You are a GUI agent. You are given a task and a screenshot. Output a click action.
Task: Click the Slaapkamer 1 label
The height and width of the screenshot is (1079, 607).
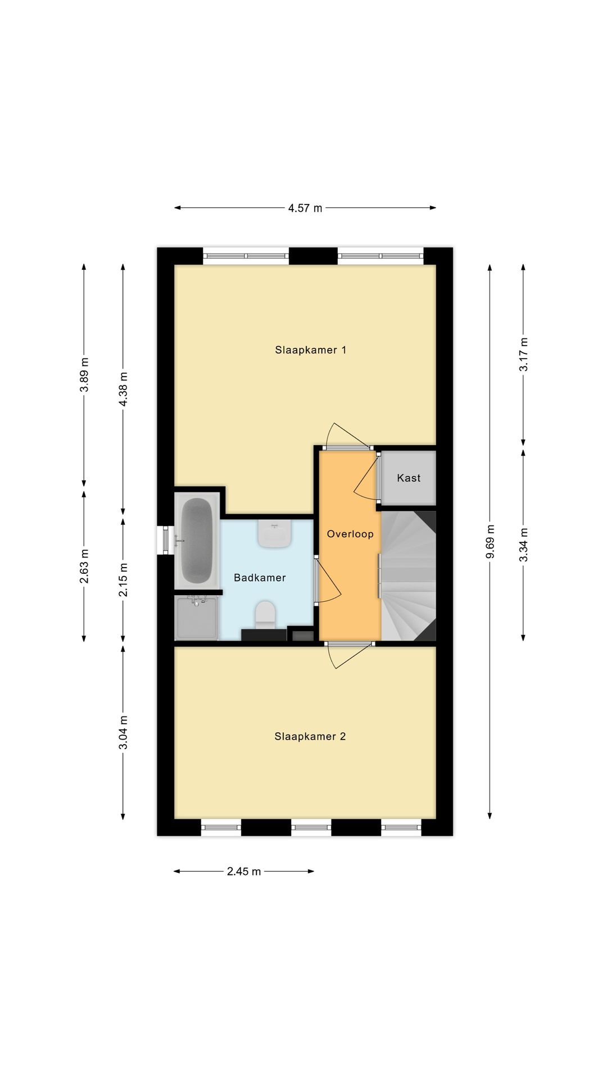click(x=310, y=350)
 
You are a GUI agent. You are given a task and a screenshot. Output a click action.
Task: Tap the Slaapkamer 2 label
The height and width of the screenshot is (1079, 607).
click(x=310, y=736)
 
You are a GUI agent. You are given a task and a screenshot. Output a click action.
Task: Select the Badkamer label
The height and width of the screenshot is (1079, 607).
click(x=260, y=578)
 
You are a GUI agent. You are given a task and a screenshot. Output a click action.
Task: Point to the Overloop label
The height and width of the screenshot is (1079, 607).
click(x=350, y=534)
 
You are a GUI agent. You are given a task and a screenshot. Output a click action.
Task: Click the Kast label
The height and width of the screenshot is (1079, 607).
click(x=409, y=478)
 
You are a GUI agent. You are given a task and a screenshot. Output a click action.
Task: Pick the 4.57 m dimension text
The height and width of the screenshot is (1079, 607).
click(x=305, y=208)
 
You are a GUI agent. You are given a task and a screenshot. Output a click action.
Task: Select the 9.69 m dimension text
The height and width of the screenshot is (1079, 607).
click(x=490, y=541)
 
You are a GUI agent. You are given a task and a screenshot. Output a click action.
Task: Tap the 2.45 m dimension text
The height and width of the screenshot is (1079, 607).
click(x=244, y=872)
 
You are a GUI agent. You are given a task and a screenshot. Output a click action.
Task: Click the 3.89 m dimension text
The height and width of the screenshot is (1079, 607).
click(x=84, y=375)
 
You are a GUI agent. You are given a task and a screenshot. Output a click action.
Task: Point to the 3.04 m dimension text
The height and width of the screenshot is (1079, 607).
click(x=124, y=733)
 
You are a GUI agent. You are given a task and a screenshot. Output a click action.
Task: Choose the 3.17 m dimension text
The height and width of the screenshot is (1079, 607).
click(x=523, y=354)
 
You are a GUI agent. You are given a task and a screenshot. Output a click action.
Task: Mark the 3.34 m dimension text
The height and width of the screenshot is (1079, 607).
click(x=523, y=545)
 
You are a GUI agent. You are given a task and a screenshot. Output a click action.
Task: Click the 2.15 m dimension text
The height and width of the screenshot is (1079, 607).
click(x=124, y=580)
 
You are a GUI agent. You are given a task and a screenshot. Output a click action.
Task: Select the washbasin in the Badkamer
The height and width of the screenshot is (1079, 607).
click(x=274, y=533)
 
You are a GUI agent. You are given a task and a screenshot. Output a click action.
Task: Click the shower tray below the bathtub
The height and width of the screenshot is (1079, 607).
click(x=196, y=618)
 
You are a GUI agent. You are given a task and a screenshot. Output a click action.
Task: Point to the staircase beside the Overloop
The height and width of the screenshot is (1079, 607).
click(x=409, y=575)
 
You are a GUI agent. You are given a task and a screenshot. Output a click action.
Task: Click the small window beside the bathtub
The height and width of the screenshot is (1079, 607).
click(x=165, y=539)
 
